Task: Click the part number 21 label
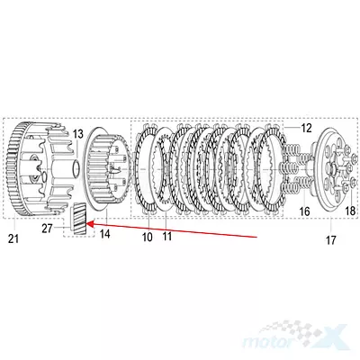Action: pos(13,239)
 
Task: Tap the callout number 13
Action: pos(77,134)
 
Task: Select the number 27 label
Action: pos(47,229)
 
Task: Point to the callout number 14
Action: pos(105,234)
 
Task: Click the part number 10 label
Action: pos(148,237)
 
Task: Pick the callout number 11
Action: pos(166,236)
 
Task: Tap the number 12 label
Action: pos(306,128)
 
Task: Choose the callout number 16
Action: pos(304,211)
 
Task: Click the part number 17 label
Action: pos(330,240)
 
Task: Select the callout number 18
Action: pos(350,211)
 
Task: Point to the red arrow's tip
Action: pos(86,223)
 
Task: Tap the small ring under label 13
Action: pos(76,169)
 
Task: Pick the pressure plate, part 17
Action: pos(330,171)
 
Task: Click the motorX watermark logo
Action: pos(295,339)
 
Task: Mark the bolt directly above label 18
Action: pos(352,182)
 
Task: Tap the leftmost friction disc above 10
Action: pos(147,169)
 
